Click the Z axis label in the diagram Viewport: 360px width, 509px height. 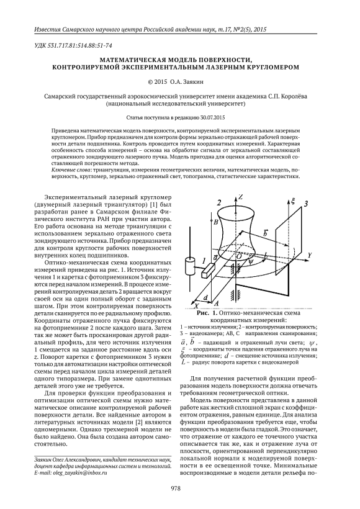click(x=241, y=197)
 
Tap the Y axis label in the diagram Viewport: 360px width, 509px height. click(x=309, y=256)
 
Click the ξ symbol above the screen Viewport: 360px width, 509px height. click(x=293, y=202)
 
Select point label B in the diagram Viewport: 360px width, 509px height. click(x=215, y=223)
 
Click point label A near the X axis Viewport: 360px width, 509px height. click(x=216, y=303)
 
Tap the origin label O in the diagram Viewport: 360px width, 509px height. click(x=238, y=256)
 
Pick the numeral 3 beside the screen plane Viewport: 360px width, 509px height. click(x=305, y=204)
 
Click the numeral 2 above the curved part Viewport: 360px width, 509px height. click(x=218, y=203)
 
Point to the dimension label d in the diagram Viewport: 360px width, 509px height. click(x=205, y=297)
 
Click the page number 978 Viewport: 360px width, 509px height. click(x=176, y=488)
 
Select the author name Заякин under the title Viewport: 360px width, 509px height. click(x=193, y=82)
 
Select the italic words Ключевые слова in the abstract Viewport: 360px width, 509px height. click(x=71, y=170)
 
